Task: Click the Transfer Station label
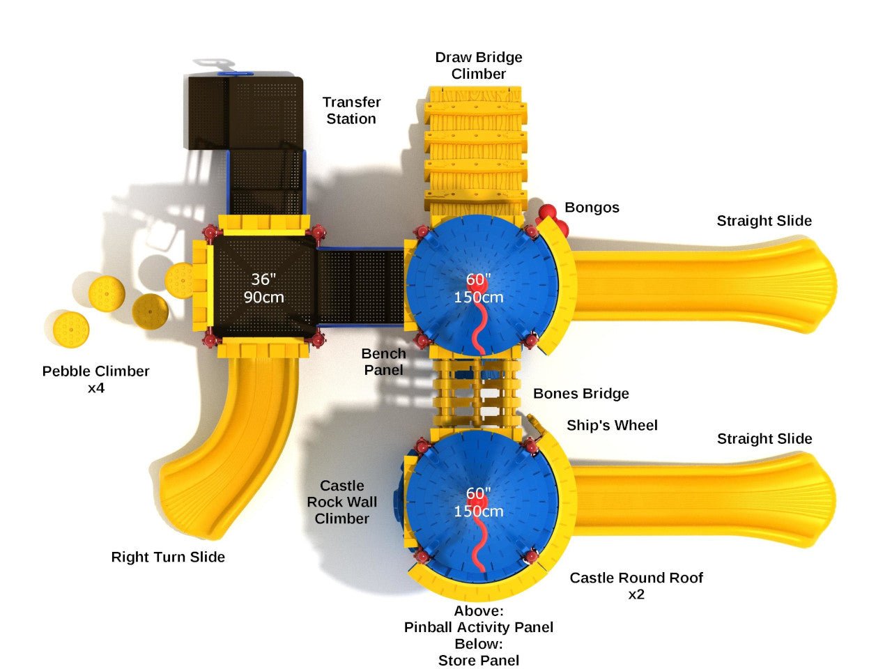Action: pos(351,110)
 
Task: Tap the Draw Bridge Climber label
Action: pos(478,66)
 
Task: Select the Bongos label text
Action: pos(592,208)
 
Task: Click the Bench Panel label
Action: pos(383,362)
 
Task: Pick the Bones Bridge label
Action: pos(580,394)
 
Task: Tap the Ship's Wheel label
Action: pos(612,425)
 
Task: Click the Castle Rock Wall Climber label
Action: pos(342,502)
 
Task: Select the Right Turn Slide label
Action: pos(168,557)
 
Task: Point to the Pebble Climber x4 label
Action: pos(96,379)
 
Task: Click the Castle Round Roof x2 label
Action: pos(636,585)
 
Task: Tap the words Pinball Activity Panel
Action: pos(479,627)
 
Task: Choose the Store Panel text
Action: pos(479,660)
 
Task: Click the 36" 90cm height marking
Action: pos(263,288)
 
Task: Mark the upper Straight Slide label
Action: pos(764,221)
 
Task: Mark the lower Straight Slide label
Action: pos(764,438)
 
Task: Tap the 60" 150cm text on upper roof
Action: pos(479,288)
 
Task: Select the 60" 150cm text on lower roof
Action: pos(479,502)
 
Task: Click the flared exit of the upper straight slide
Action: pos(812,286)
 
